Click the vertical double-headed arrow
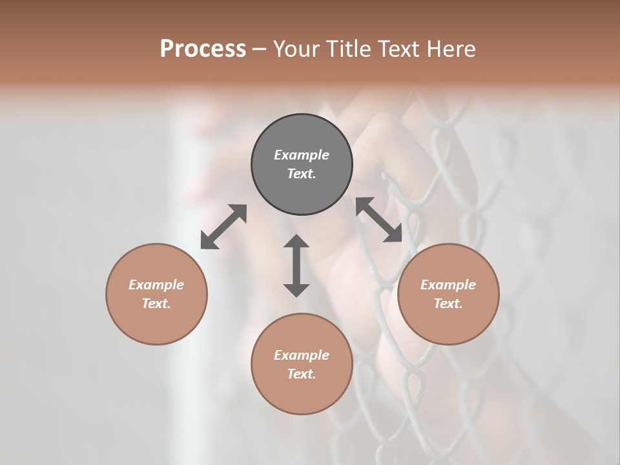coord(296,265)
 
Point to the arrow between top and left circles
coord(223,227)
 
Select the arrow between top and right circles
coord(378,220)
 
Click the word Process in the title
coord(203,49)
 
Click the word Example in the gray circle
coord(302,155)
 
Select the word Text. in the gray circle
coord(302,174)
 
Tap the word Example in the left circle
coord(156,285)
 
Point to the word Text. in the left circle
coord(156,304)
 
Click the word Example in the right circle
coord(448,285)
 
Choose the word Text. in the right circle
coord(448,304)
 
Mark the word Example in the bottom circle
coord(302,355)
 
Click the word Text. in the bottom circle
coord(302,374)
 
